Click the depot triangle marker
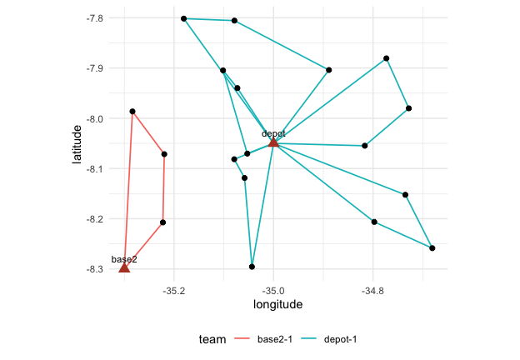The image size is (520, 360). pyautogui.click(x=273, y=142)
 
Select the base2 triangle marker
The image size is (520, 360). pyautogui.click(x=124, y=267)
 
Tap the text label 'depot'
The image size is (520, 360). pyautogui.click(x=273, y=133)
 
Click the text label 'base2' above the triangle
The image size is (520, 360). pyautogui.click(x=124, y=259)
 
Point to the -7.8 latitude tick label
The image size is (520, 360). pyautogui.click(x=94, y=18)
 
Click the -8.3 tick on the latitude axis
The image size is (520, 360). pyautogui.click(x=94, y=269)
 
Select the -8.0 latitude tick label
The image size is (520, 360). pyautogui.click(x=94, y=119)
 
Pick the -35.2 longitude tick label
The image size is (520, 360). pyautogui.click(x=174, y=291)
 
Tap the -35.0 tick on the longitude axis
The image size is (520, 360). pyautogui.click(x=273, y=291)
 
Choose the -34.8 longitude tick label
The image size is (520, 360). pyautogui.click(x=372, y=291)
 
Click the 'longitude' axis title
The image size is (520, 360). pyautogui.click(x=277, y=304)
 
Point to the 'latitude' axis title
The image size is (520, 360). pyautogui.click(x=77, y=144)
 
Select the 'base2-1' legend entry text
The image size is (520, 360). pyautogui.click(x=275, y=339)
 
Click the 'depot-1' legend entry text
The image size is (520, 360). pyautogui.click(x=340, y=339)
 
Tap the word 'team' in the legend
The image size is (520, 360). pyautogui.click(x=212, y=339)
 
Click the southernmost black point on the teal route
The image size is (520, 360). pyautogui.click(x=252, y=267)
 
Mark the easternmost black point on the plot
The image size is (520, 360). pyautogui.click(x=432, y=248)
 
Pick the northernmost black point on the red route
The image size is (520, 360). pyautogui.click(x=132, y=112)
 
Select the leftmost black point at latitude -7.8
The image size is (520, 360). pyautogui.click(x=183, y=18)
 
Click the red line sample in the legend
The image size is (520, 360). pyautogui.click(x=242, y=339)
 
